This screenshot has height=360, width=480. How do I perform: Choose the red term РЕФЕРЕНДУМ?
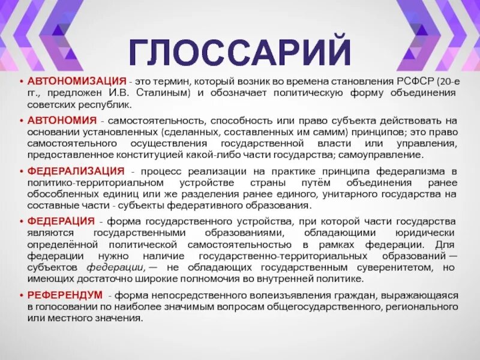(65, 295)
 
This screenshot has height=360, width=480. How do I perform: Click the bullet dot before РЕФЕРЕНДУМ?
(22, 296)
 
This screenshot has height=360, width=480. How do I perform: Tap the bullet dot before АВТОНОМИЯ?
(22, 120)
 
